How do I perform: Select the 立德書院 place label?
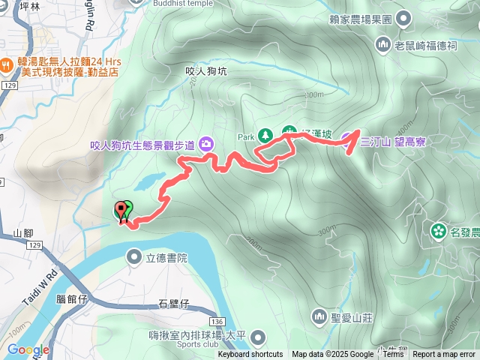(166, 258)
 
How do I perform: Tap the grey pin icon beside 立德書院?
(134, 258)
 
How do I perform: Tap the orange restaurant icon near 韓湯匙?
(6, 64)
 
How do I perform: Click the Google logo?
(28, 349)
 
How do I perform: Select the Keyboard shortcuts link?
(250, 355)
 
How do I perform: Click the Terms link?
(393, 355)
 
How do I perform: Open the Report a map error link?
(445, 355)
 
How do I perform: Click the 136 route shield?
(216, 319)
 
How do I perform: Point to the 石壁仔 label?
(174, 304)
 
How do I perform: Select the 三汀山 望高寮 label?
(393, 141)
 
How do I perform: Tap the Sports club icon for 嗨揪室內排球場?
(259, 337)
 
